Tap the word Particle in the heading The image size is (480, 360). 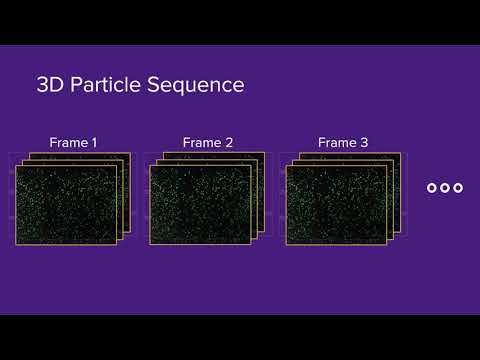(x=108, y=85)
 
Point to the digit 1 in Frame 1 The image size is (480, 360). (x=94, y=143)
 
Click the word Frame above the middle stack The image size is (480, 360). (x=202, y=143)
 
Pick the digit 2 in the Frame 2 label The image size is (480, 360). (x=229, y=143)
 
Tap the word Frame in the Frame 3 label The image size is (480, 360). (x=337, y=143)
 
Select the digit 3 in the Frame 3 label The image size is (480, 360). (x=364, y=143)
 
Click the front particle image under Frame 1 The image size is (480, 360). (x=66, y=205)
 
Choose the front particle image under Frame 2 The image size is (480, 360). (x=200, y=205)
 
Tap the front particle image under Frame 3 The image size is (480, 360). (x=335, y=205)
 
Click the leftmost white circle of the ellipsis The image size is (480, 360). (x=432, y=187)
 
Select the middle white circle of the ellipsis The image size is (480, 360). (x=445, y=187)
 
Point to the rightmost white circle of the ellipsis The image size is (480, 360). (x=458, y=187)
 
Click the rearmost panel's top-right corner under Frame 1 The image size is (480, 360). (x=130, y=153)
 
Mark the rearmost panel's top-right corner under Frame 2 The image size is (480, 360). (x=264, y=153)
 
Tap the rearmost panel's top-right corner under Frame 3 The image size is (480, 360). (x=399, y=153)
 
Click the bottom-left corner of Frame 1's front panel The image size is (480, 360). (x=16, y=244)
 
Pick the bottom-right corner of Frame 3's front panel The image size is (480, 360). (x=385, y=244)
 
